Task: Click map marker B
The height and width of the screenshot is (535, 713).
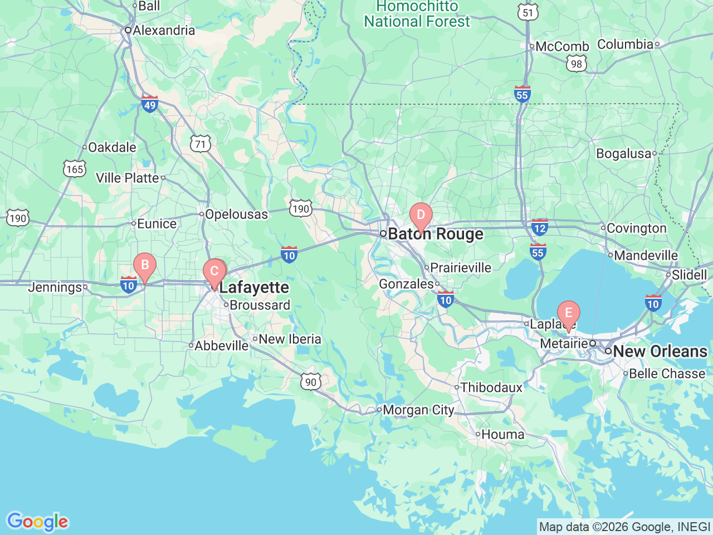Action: click(x=145, y=266)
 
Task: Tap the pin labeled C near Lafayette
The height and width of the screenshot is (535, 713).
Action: click(x=214, y=273)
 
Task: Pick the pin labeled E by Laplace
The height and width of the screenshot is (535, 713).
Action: click(x=568, y=314)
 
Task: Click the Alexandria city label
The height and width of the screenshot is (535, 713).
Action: click(x=163, y=30)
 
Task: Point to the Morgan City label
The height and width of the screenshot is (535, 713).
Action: click(x=418, y=410)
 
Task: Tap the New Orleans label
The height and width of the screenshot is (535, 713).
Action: click(x=660, y=352)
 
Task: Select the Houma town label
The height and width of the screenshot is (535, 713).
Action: click(x=502, y=434)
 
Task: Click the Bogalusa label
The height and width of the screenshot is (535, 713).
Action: click(x=623, y=153)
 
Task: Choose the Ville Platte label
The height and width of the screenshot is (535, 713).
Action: click(x=128, y=178)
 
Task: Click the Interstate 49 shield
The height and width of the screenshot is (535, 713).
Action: click(x=149, y=104)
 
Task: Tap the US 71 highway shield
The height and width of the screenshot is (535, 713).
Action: click(x=201, y=144)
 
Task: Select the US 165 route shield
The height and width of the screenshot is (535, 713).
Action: click(x=75, y=169)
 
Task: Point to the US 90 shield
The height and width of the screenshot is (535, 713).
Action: click(x=311, y=382)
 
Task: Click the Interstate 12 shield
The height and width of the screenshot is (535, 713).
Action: click(x=539, y=227)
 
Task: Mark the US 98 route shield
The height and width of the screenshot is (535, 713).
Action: click(x=576, y=64)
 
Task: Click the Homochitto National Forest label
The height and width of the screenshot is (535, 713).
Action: click(x=417, y=14)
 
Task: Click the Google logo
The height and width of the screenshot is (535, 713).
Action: click(x=37, y=522)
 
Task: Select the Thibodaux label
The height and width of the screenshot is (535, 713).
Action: click(x=491, y=387)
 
